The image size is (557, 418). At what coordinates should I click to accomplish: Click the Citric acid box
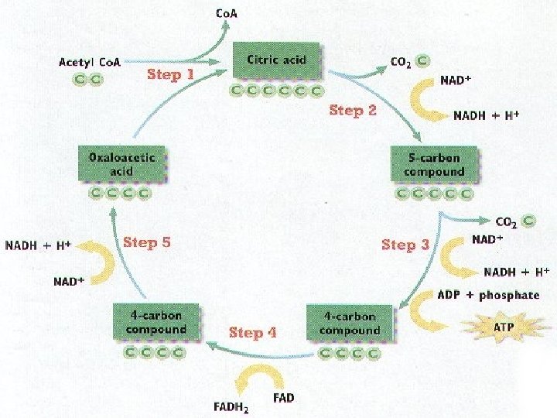pos(276,60)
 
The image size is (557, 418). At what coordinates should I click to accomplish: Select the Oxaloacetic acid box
pos(121,164)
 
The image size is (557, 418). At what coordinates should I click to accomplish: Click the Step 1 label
pos(170,75)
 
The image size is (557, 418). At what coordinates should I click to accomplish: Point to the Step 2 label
pos(352,111)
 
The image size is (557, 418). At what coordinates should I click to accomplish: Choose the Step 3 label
pos(405,245)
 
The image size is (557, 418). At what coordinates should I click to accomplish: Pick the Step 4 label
pos(252,332)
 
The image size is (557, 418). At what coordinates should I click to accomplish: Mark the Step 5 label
pos(147,242)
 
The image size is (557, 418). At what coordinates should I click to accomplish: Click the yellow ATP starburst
pos(503,327)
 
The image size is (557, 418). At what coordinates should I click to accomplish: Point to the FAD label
pos(284,398)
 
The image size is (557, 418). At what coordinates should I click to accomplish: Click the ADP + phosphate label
pos(488,295)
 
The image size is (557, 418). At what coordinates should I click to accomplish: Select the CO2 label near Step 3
pos(507,221)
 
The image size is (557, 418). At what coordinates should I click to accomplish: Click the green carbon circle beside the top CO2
pos(422,60)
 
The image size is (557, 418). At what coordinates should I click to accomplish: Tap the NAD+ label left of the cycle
pos(69,281)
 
